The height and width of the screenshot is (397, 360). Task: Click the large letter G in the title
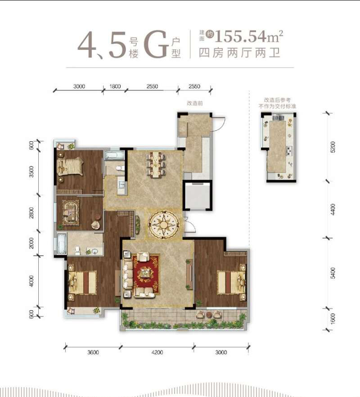point(156,44)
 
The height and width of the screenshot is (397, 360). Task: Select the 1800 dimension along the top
point(115,86)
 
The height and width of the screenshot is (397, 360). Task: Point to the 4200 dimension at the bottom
point(157,352)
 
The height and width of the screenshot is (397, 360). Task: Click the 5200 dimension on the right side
point(333,147)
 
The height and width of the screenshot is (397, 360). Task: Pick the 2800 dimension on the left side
point(31,212)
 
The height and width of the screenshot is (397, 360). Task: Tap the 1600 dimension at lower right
point(333,318)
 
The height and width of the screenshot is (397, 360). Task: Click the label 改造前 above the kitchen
point(195,104)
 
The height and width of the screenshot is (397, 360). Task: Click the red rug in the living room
point(146,275)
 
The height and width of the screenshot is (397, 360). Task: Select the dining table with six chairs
point(156,164)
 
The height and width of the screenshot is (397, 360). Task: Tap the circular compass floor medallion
point(164,224)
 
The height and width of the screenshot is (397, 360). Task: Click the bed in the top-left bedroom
point(70,166)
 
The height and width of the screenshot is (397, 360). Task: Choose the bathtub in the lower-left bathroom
point(62,244)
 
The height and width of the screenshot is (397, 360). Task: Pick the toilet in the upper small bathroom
point(120,168)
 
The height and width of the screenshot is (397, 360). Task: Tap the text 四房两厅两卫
point(239,53)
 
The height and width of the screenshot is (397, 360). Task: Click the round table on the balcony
point(209,315)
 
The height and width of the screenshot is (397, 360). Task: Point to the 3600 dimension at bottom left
point(93,352)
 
